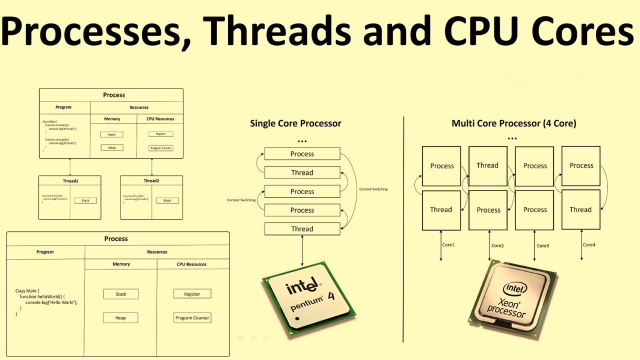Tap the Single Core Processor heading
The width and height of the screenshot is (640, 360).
[295, 123]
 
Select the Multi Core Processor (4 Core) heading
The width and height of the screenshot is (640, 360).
[513, 123]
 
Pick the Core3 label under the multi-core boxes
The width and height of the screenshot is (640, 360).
[542, 245]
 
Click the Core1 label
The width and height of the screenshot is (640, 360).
[448, 245]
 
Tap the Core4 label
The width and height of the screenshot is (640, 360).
[589, 245]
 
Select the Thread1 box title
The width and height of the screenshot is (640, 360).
[70, 181]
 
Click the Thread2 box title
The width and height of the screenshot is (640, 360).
[151, 181]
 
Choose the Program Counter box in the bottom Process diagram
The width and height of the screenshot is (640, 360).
[192, 318]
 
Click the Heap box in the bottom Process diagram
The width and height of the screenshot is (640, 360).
[120, 318]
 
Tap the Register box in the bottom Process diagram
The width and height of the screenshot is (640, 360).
[192, 294]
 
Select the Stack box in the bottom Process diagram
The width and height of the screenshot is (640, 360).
[120, 294]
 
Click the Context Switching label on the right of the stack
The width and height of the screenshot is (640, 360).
[373, 189]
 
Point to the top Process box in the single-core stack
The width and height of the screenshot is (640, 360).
[302, 154]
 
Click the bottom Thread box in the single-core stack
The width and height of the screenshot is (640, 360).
[302, 229]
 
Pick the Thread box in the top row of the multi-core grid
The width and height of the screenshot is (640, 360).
[487, 165]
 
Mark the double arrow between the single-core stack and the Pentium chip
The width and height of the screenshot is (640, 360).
[302, 250]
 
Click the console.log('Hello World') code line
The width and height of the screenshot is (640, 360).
[51, 302]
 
